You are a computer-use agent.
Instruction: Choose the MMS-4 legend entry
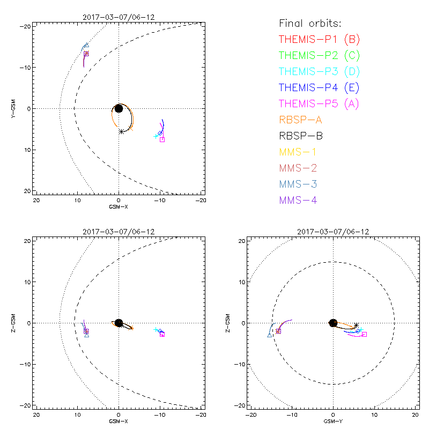coord(298,200)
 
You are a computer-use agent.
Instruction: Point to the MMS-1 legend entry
coord(298,152)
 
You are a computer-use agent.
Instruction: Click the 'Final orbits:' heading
coord(310,23)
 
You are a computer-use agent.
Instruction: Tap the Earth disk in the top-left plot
coord(119,108)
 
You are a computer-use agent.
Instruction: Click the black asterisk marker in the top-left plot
coord(122,131)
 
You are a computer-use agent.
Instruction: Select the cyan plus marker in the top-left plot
coord(156,136)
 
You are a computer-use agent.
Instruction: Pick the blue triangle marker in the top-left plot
coord(86,46)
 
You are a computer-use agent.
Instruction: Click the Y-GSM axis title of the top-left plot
coord(14,108)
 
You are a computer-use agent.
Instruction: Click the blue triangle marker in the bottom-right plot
coord(269,335)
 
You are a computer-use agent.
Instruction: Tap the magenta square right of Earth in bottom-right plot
coord(364,334)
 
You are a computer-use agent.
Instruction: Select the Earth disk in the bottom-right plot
coord(333,323)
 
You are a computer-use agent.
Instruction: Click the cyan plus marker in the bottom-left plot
coord(156,330)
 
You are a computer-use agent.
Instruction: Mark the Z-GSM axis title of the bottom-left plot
coord(14,323)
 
